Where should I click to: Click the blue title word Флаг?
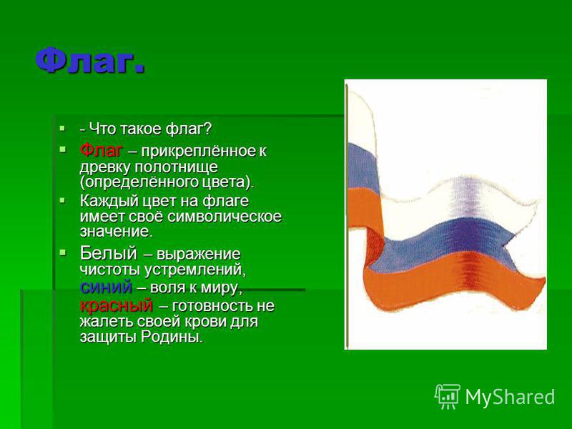89,60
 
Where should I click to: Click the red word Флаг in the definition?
101,150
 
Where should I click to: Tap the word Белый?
108,253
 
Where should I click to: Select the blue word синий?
106,287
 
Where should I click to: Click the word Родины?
172,337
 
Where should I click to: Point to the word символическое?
225,217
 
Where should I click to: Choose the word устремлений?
195,270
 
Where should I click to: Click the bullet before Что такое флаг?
63,129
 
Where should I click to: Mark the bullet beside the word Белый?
63,252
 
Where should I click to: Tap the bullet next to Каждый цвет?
63,200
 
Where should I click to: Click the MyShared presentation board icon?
448,396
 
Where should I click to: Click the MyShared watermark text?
510,397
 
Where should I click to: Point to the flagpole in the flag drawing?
347,217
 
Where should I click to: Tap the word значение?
117,232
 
